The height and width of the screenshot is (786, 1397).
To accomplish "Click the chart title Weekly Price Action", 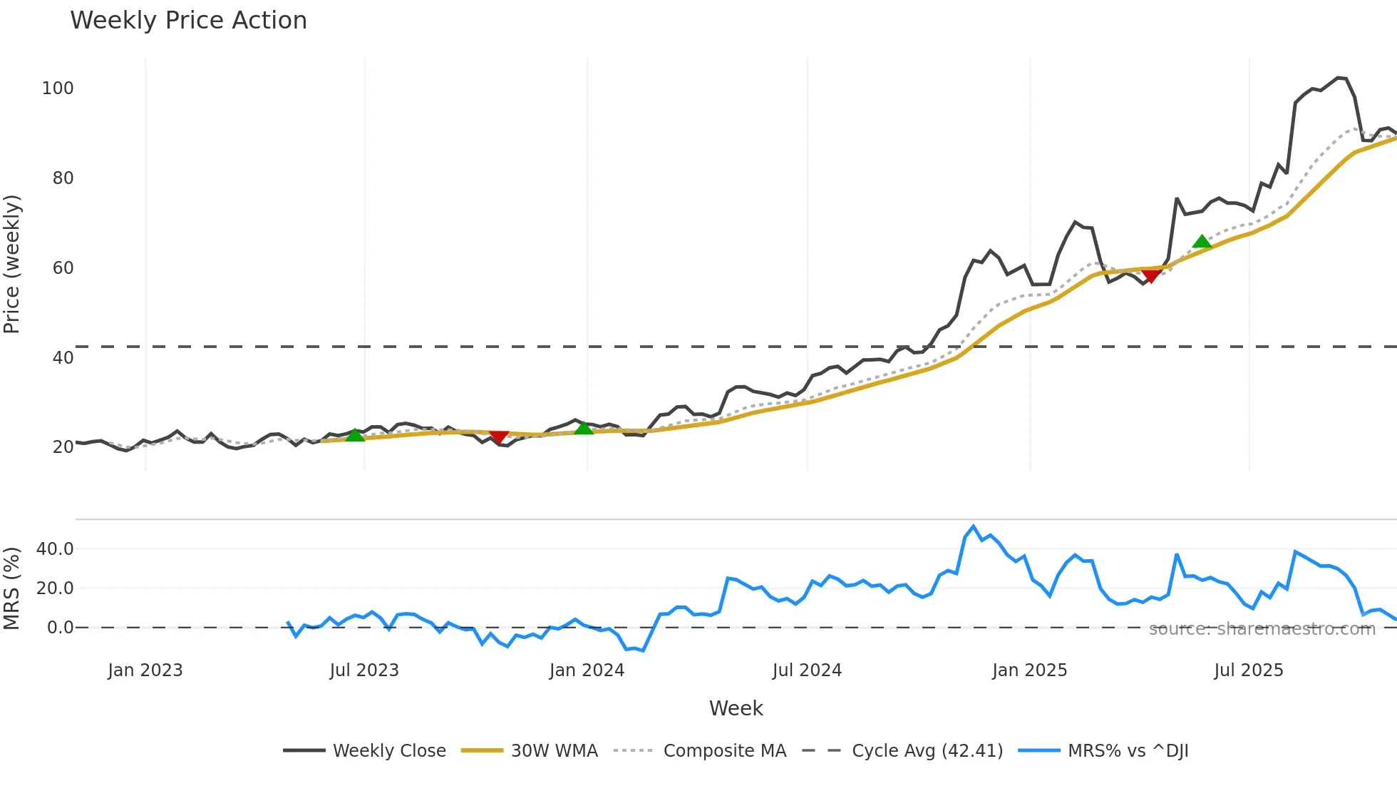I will tap(188, 21).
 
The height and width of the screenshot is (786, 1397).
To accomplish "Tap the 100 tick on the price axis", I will tap(58, 88).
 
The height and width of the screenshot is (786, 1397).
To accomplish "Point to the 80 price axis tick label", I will tap(63, 178).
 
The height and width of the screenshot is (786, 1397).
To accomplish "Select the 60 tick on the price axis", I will tap(63, 268).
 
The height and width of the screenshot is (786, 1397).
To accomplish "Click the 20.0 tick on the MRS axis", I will tap(55, 588).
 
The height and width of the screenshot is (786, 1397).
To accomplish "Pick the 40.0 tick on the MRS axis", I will tap(55, 549).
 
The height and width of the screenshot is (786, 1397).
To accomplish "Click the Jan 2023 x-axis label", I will tap(145, 670).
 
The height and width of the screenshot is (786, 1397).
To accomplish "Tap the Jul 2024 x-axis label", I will tap(807, 670).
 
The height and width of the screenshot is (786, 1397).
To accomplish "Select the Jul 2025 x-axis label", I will tap(1248, 670).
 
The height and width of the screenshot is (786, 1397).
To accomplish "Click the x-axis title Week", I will tap(736, 708).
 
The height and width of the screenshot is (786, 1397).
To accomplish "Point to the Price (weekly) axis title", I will tap(12, 264).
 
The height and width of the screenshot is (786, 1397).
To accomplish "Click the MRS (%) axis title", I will tap(12, 588).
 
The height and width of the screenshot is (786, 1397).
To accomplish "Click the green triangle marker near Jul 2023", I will tap(355, 435).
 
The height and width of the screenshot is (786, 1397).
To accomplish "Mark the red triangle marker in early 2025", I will tap(1150, 275).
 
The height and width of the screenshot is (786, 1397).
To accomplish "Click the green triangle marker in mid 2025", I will tap(1202, 242).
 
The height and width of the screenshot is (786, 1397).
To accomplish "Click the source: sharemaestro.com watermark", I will tap(1262, 629).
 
